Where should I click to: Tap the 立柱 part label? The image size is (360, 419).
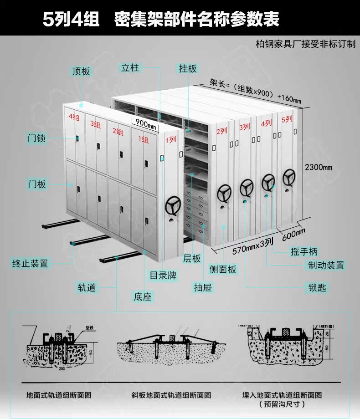coord(130,68)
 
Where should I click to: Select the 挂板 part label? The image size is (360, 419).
coord(188,68)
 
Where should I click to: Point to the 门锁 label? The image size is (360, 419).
coord(37,138)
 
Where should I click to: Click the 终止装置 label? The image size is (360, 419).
coord(31,263)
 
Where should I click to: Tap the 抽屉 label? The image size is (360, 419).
coord(203,287)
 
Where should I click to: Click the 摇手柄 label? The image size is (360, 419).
coord(304,251)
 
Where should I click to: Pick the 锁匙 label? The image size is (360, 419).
coord(317,287)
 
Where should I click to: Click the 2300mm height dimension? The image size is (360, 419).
coord(319,167)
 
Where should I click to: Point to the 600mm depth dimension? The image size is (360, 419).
coord(293,235)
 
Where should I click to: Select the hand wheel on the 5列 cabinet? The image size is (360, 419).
coord(288,177)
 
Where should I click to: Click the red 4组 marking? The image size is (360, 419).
coord(74,117)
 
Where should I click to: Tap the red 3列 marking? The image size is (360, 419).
coord(244,127)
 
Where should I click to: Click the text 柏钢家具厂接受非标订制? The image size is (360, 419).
coord(305,44)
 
